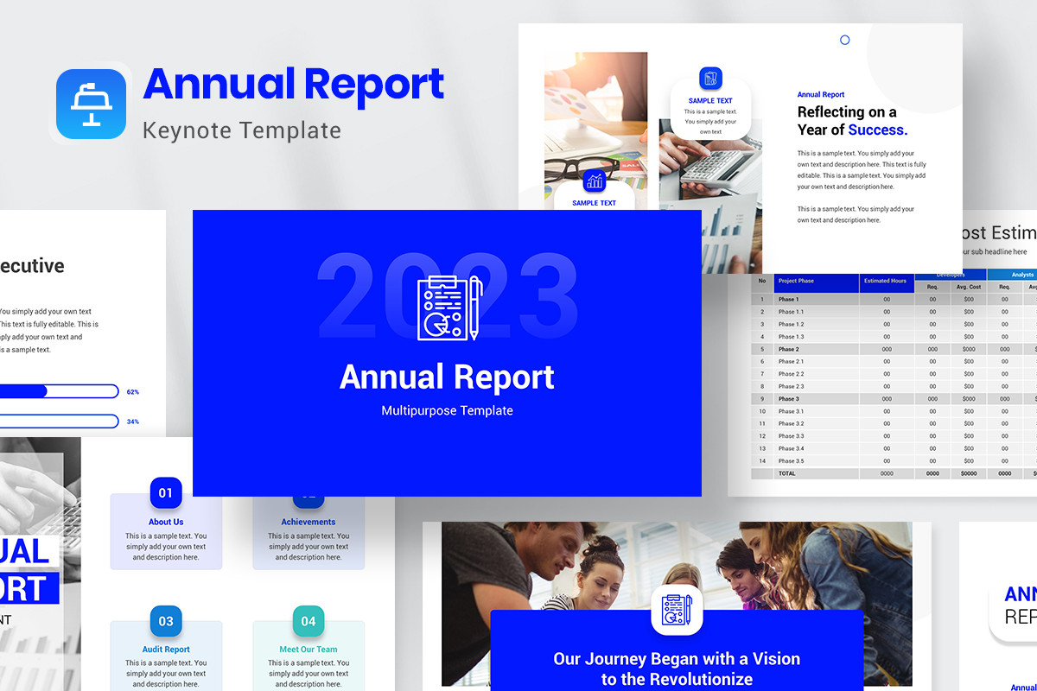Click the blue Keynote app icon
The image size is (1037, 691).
pos(91,104)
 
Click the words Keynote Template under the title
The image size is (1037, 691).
pos(241,130)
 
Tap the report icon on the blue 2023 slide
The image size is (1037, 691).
pos(449,307)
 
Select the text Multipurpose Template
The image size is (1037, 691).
pos(447,410)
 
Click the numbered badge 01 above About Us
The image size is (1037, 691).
pos(166,493)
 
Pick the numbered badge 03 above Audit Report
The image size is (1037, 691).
pos(166,621)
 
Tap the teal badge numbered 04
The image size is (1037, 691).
pos(309,621)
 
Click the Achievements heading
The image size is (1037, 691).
pos(309,522)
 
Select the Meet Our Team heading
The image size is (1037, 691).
pos(309,650)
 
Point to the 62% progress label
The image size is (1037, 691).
pos(132,392)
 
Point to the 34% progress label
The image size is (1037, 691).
pos(132,422)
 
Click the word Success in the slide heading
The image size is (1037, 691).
pos(877,130)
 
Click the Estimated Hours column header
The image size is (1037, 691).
pos(887,281)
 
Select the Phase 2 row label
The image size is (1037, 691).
pos(788,349)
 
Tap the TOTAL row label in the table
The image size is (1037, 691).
pos(787,473)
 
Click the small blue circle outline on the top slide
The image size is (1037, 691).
pos(845,40)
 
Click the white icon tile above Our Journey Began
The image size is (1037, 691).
pos(677,610)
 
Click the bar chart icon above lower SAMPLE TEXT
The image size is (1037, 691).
pos(595,180)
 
